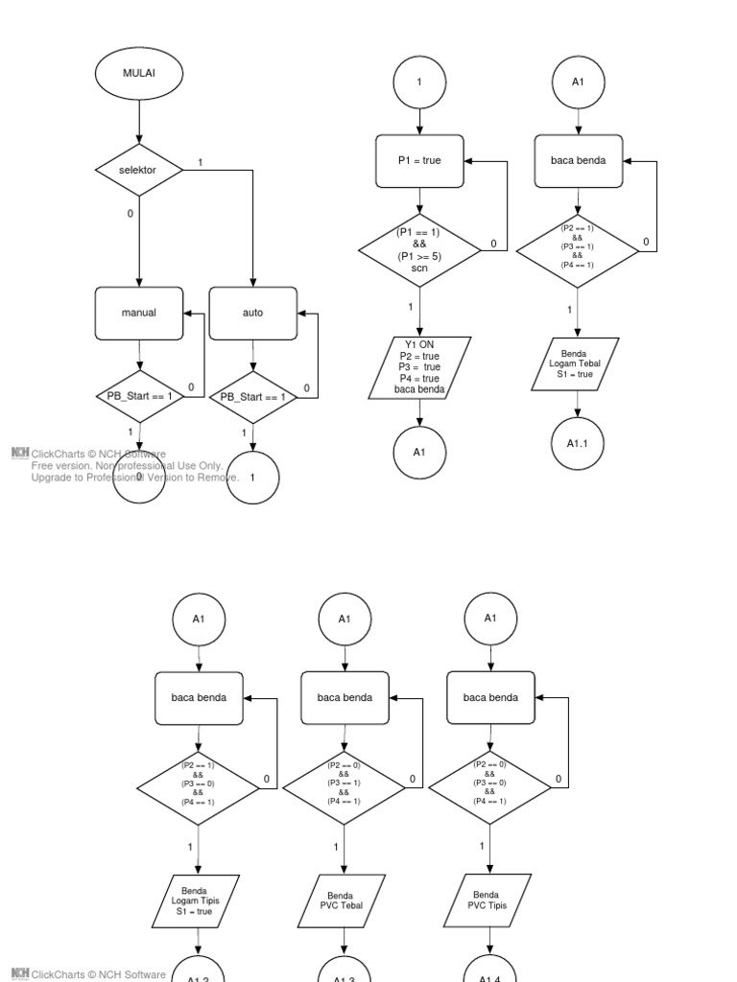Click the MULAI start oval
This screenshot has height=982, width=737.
coord(139,73)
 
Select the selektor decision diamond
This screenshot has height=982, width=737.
coord(139,170)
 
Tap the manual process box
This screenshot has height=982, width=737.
coord(139,313)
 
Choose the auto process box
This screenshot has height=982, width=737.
coord(253,313)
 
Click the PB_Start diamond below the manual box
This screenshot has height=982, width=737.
coord(139,396)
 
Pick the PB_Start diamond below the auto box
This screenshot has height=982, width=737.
coord(253,396)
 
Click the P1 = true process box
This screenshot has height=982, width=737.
coord(419,160)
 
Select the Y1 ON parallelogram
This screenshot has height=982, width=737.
coord(419,367)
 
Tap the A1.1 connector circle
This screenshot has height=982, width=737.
coord(577,442)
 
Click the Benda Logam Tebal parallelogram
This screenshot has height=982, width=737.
coord(577,363)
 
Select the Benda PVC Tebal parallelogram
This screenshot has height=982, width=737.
coord(344,900)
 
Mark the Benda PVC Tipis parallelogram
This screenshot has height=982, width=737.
coord(489,900)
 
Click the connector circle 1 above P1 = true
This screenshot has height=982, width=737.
coord(419,82)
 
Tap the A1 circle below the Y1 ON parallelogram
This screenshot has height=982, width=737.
coord(419,451)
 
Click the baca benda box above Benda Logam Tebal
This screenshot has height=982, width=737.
coord(577,160)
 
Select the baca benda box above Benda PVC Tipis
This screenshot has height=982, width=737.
coord(489,697)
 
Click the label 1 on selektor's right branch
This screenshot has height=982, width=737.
coord(200,162)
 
